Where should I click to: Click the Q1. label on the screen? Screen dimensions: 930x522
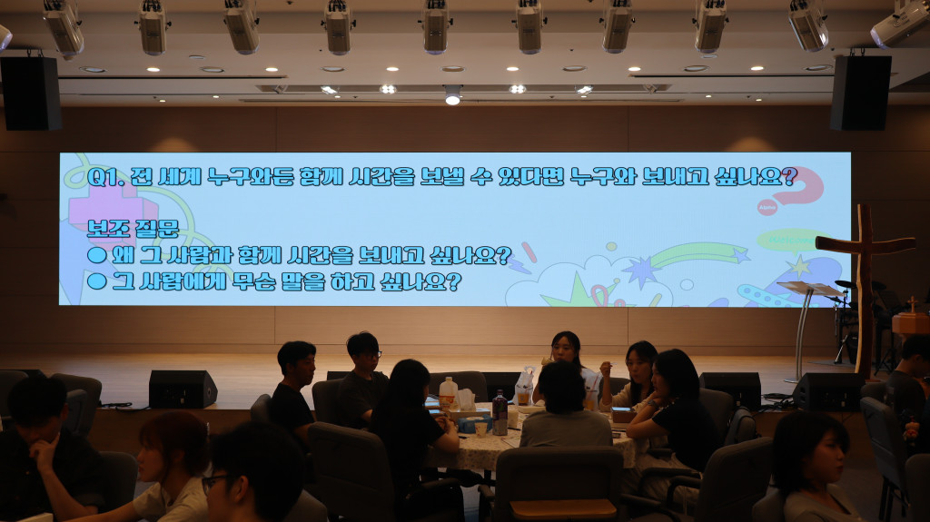(105, 177)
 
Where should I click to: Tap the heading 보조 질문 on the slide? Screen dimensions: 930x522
(133, 229)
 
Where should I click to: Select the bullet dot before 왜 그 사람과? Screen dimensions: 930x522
(96, 256)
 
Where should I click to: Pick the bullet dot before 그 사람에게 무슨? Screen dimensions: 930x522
(96, 281)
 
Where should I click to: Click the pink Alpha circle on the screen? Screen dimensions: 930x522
(767, 207)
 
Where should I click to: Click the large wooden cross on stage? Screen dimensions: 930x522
(865, 285)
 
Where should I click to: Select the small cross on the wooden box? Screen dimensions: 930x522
(912, 305)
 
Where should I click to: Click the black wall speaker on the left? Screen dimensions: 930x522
(31, 94)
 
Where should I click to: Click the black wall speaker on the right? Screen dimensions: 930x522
(860, 93)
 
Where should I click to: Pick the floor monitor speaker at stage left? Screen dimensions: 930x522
(182, 389)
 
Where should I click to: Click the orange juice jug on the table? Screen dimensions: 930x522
(448, 394)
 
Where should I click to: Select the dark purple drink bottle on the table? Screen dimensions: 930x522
(500, 413)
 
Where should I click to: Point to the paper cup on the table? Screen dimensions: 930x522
(480, 428)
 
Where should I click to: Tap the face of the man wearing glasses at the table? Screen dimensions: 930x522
(367, 354)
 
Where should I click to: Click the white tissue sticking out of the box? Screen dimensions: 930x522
(466, 401)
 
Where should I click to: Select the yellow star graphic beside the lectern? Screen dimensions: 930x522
(799, 267)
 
